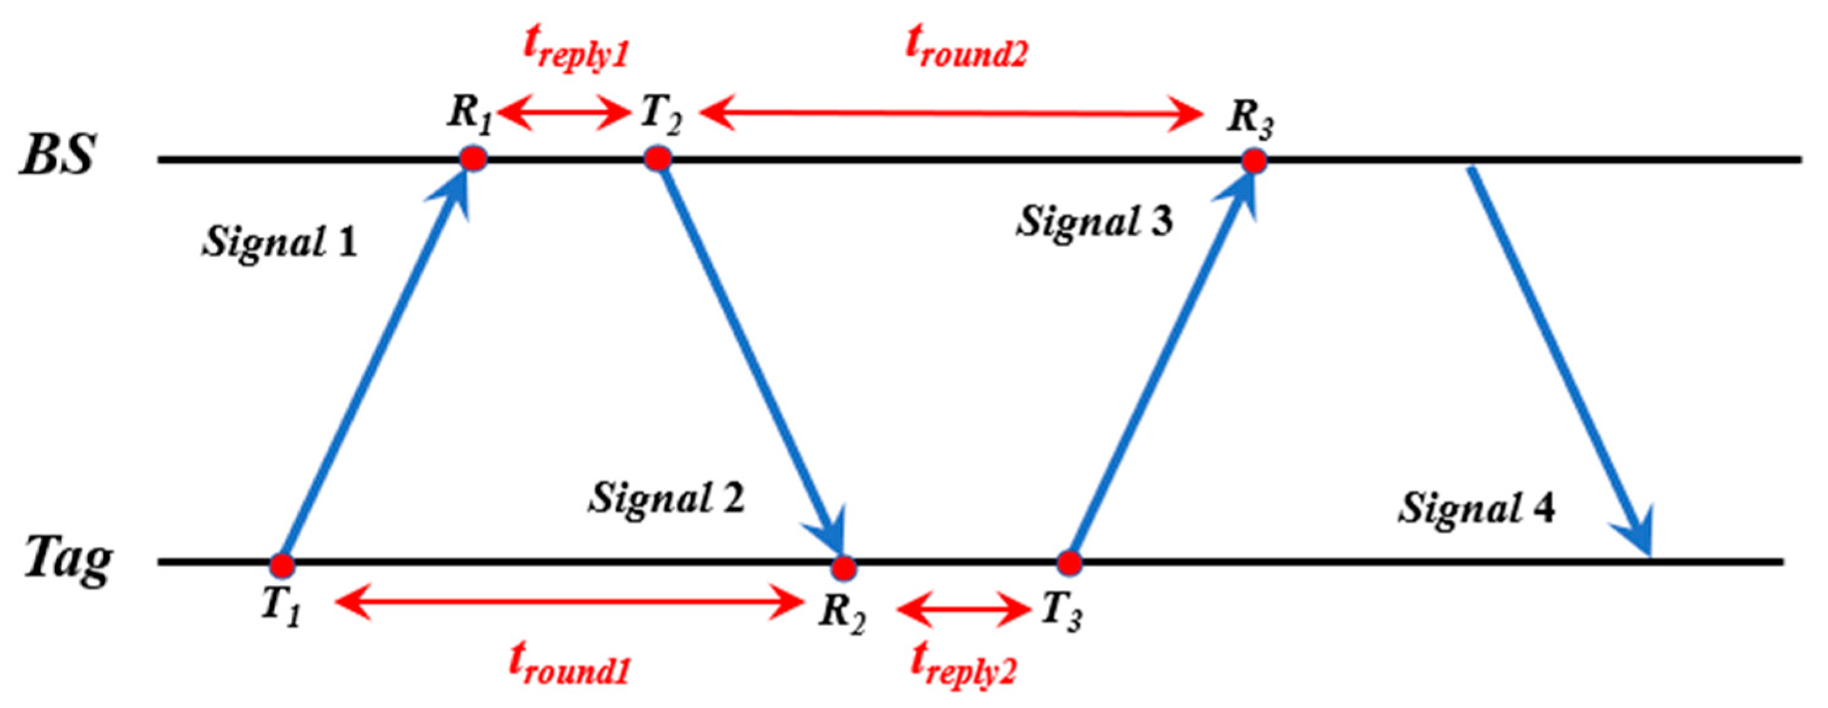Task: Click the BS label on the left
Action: pyautogui.click(x=57, y=154)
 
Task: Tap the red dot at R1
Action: pyautogui.click(x=473, y=158)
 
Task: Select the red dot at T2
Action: pyautogui.click(x=658, y=158)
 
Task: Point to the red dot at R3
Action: pyautogui.click(x=1255, y=161)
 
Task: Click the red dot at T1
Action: pyautogui.click(x=282, y=565)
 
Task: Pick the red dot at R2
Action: pyautogui.click(x=844, y=568)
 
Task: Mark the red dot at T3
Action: pyautogui.click(x=1069, y=563)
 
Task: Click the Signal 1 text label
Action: pyautogui.click(x=279, y=242)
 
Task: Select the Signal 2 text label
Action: pyautogui.click(x=666, y=498)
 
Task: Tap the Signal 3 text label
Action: pyautogui.click(x=1094, y=221)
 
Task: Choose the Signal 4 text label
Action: pyautogui.click(x=1477, y=508)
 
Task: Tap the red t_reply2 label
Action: pyautogui.click(x=963, y=666)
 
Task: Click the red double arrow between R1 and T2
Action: pyautogui.click(x=565, y=112)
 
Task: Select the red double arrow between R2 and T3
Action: pyautogui.click(x=963, y=609)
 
